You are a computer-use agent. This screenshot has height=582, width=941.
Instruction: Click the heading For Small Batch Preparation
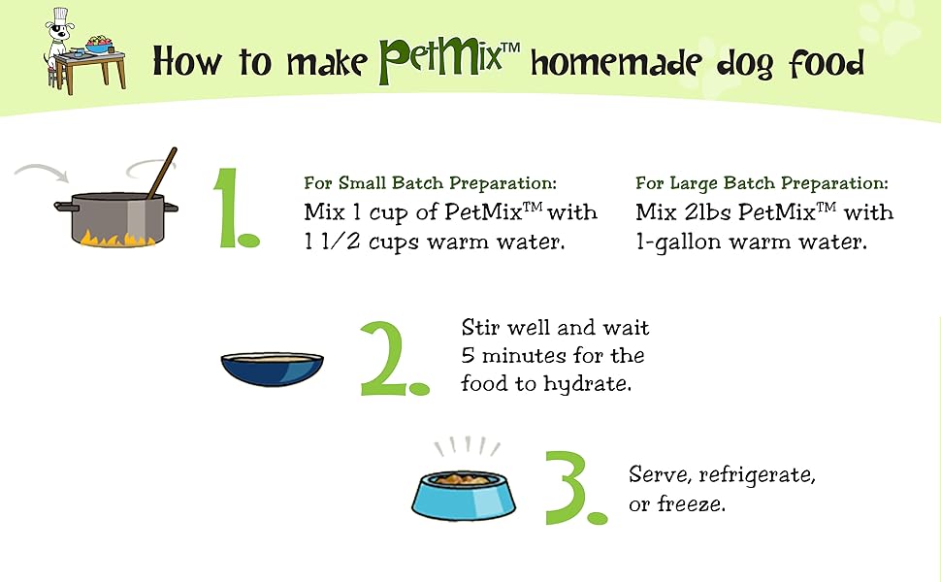[x=430, y=182]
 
